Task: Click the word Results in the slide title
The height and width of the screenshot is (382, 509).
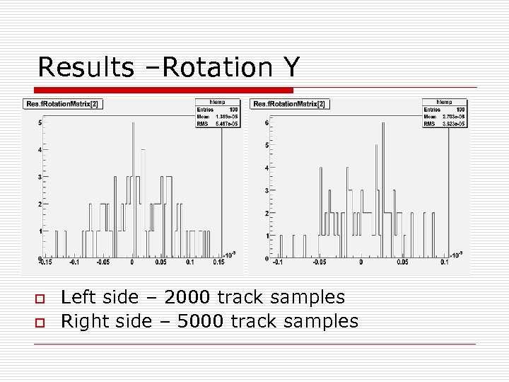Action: pyautogui.click(x=85, y=67)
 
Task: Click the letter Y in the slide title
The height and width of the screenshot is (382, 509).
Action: pyautogui.click(x=291, y=67)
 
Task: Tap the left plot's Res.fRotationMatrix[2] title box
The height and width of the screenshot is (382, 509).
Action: pyautogui.click(x=63, y=103)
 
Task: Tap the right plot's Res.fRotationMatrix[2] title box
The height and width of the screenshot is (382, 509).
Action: pyautogui.click(x=290, y=103)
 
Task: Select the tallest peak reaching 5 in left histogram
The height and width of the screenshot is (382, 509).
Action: pyautogui.click(x=132, y=124)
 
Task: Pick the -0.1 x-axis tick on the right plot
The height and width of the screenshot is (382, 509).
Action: pyautogui.click(x=280, y=262)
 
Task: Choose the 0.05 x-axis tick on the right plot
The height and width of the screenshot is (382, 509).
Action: pyautogui.click(x=402, y=262)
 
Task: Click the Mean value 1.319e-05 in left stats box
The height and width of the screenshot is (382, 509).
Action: pyautogui.click(x=226, y=116)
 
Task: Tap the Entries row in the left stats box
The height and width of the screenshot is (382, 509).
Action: pyautogui.click(x=217, y=110)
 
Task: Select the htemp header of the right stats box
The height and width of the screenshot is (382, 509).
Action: pyautogui.click(x=445, y=103)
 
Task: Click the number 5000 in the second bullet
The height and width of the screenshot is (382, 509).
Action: pyautogui.click(x=202, y=321)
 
